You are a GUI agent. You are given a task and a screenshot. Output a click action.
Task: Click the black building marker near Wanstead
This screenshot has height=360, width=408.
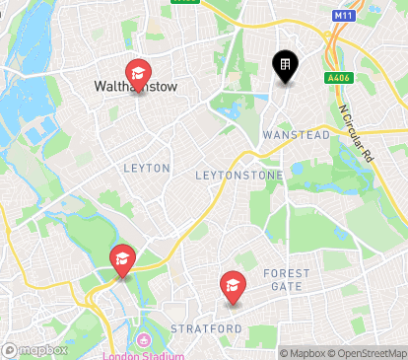(x=285, y=66)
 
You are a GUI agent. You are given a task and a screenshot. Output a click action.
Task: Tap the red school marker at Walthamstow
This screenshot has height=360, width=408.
(x=139, y=72)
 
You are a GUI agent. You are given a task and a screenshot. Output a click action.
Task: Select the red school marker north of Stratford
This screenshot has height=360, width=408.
(x=233, y=285)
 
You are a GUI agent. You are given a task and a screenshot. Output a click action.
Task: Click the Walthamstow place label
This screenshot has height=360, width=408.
(x=135, y=87)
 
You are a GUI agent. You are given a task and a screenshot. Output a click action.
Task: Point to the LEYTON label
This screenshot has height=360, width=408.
(x=147, y=169)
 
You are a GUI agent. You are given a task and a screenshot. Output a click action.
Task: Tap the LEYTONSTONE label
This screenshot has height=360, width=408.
(x=238, y=176)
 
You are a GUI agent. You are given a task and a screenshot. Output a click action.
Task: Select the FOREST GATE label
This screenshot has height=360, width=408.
(x=287, y=280)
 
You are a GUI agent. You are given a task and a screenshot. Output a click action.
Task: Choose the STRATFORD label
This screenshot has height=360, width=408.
(x=206, y=327)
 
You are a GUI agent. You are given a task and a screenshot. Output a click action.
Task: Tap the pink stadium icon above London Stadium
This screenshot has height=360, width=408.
(x=144, y=341)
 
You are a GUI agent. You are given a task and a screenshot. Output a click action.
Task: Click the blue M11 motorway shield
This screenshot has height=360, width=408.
(x=342, y=16)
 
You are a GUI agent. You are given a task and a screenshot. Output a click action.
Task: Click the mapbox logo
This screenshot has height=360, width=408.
(x=35, y=350)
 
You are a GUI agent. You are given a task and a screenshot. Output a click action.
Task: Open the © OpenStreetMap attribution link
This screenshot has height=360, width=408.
(x=370, y=353)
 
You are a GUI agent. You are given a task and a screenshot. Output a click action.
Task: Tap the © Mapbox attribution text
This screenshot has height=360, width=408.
(x=303, y=353)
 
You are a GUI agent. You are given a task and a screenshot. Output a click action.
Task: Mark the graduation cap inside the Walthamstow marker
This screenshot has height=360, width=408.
(x=139, y=70)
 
